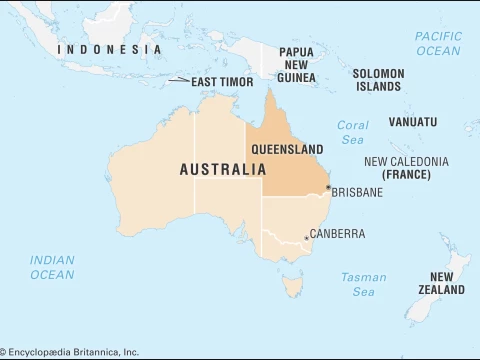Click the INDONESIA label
click(x=109, y=49)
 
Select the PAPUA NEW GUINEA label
click(x=296, y=64)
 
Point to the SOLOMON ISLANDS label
click(x=379, y=80)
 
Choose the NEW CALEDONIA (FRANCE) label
click(x=406, y=168)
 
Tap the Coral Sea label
click(x=352, y=133)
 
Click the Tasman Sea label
click(x=357, y=284)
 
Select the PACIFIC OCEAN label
click(x=438, y=43)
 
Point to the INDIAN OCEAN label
click(x=52, y=267)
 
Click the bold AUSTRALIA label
click(x=223, y=170)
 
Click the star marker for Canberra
click(x=305, y=238)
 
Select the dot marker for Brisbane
click(x=328, y=187)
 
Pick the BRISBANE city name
click(x=357, y=192)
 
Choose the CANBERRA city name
click(x=337, y=234)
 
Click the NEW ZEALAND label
click(x=447, y=283)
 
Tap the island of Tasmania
click(x=293, y=288)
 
